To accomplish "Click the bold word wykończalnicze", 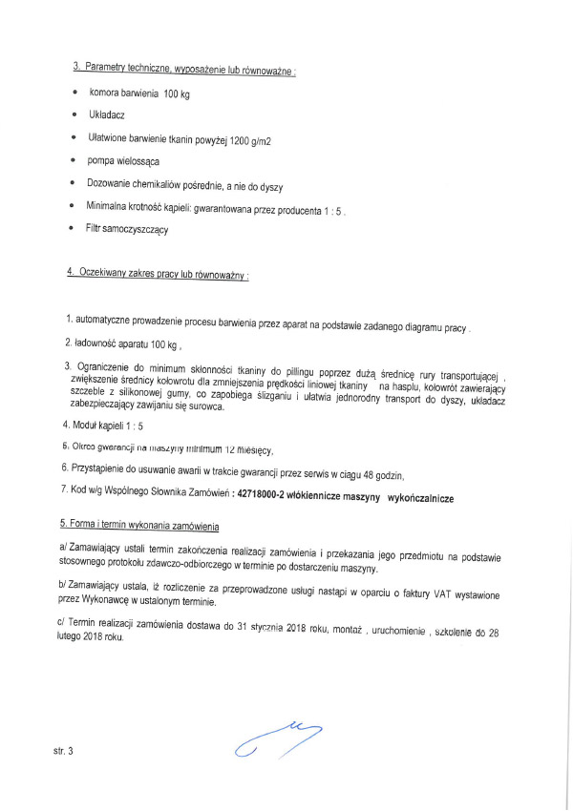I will [x=419, y=500].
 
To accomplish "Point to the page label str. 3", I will [x=63, y=752].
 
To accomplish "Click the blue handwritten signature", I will [x=277, y=740].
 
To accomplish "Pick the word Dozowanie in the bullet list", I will [x=114, y=185].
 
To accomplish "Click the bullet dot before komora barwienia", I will [x=74, y=94].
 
